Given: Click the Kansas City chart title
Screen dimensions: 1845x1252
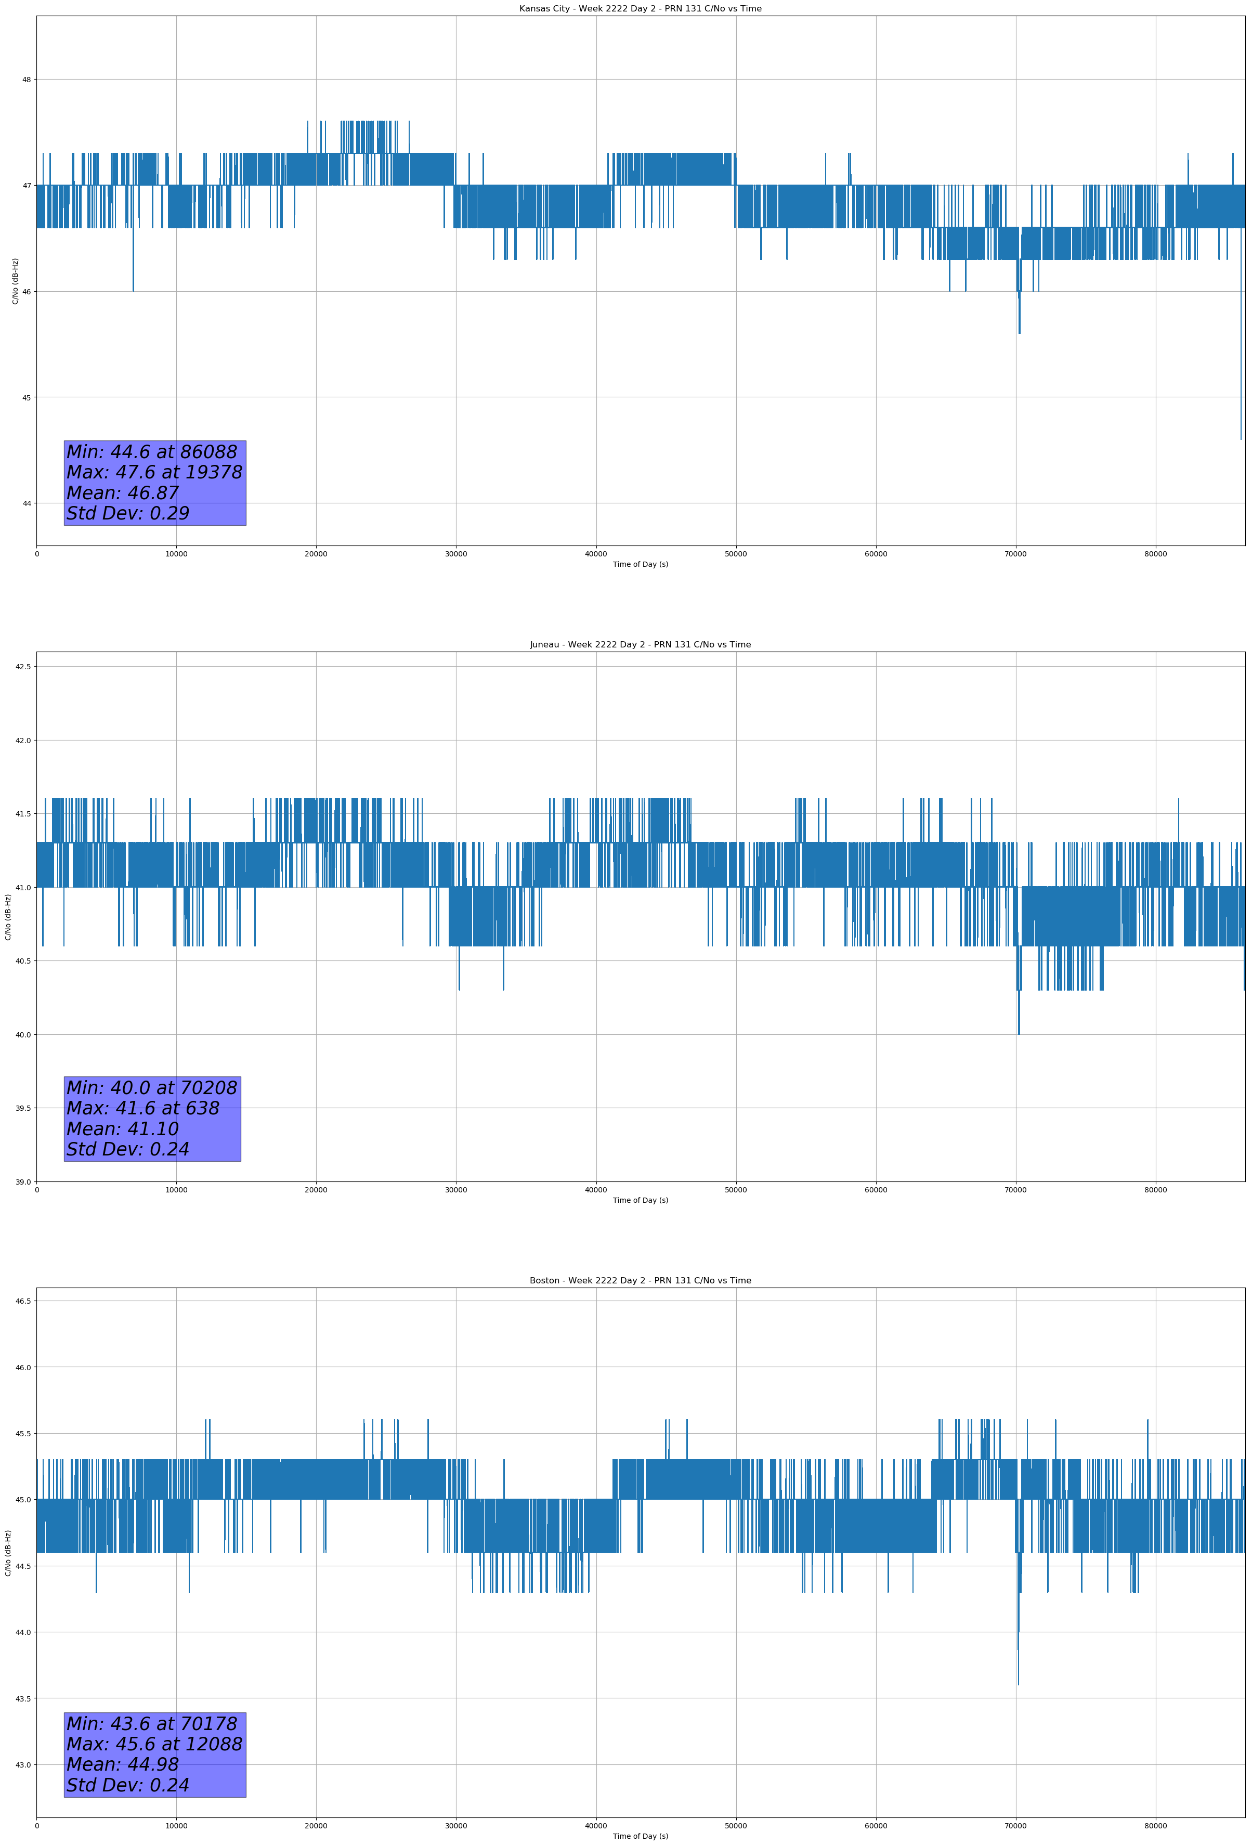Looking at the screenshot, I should (640, 9).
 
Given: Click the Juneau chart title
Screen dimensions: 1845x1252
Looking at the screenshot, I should (640, 645).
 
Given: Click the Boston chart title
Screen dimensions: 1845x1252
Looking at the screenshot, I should (640, 1281).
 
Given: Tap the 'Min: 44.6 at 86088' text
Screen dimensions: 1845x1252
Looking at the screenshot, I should (152, 452).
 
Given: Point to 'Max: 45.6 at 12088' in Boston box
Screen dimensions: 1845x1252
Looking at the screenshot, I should (154, 1744).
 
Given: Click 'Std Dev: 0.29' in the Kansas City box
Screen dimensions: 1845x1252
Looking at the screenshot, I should (128, 514).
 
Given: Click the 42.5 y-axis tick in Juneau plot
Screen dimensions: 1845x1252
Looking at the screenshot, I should (23, 666).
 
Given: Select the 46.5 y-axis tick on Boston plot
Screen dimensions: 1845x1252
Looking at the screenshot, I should (23, 1301).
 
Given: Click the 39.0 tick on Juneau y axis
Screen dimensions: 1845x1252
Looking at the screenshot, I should (23, 1182).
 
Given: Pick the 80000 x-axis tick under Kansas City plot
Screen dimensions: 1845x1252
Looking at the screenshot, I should (1155, 554).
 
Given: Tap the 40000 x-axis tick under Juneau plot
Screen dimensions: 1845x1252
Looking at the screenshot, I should (595, 1190).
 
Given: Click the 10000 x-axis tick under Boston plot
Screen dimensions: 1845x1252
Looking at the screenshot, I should (176, 1826).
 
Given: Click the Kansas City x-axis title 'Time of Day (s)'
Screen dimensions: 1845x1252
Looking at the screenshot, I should (640, 564).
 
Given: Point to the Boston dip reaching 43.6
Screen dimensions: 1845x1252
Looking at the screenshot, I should (1018, 1681).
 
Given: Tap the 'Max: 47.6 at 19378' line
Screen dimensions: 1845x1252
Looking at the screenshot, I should (154, 472).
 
